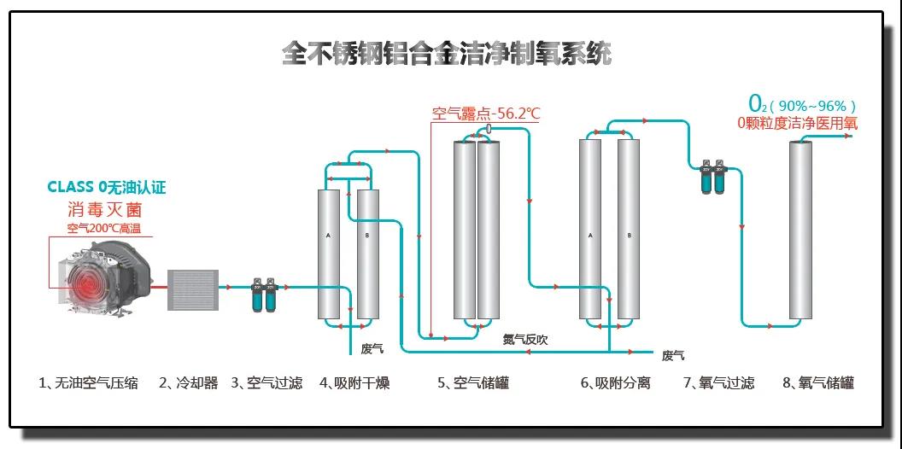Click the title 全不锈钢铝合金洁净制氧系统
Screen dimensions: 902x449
[x=447, y=54]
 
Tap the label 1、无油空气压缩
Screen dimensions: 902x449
[x=89, y=383]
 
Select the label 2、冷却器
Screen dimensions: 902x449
[x=189, y=383]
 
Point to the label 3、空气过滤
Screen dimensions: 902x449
[x=266, y=383]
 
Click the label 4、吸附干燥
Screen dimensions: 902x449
[x=355, y=383]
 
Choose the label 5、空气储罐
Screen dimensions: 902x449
[x=473, y=383]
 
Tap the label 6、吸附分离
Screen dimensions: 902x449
[x=615, y=383]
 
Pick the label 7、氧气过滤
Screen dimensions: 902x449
[x=719, y=383]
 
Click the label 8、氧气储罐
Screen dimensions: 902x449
[x=818, y=383]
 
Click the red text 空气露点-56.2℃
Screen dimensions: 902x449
[x=486, y=114]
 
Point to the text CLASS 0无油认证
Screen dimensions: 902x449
[x=107, y=187]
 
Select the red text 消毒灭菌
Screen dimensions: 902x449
[x=106, y=208]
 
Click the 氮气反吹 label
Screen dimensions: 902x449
[x=525, y=340]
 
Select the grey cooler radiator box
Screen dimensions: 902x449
[x=193, y=290]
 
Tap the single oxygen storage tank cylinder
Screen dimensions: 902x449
[x=800, y=230]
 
